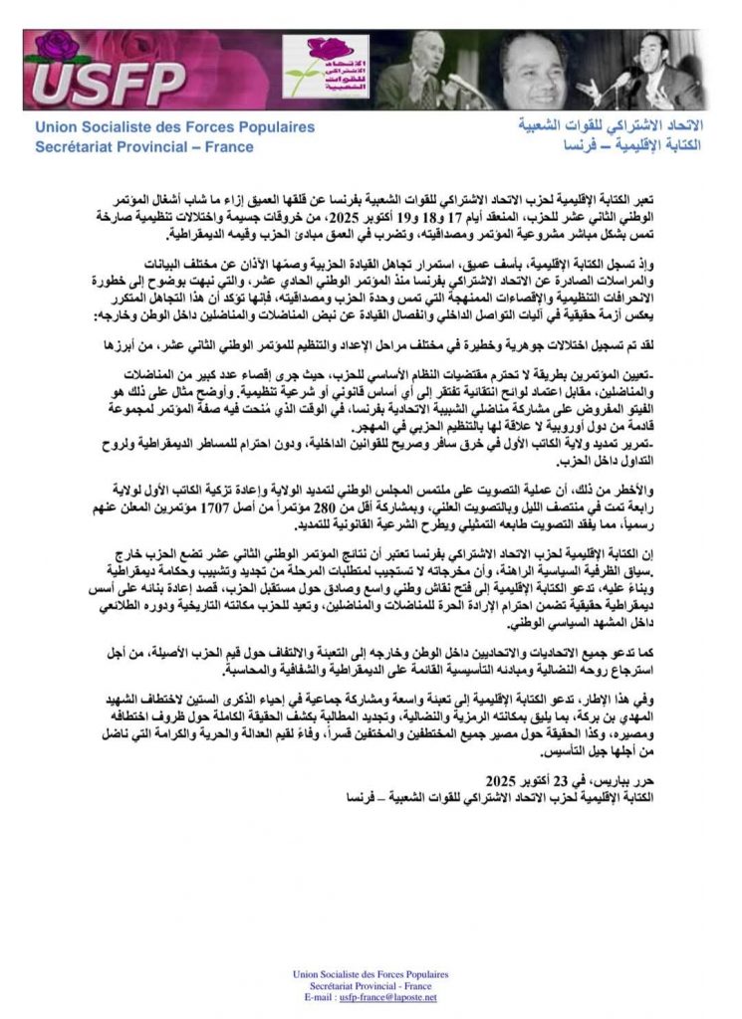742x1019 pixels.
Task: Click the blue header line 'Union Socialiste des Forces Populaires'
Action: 174,127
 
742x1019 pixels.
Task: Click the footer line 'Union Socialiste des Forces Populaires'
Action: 371,974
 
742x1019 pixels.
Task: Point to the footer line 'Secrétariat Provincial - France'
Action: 371,986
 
